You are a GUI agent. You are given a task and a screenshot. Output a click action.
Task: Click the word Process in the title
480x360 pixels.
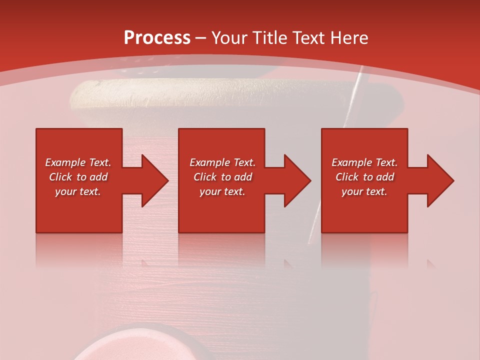[x=157, y=37]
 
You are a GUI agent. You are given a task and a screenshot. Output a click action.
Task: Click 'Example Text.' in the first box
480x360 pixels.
[x=78, y=162]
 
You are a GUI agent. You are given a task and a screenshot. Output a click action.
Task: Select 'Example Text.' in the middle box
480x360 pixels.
[x=222, y=162]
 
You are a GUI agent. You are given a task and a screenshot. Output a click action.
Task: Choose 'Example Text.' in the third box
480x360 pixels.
[x=364, y=162]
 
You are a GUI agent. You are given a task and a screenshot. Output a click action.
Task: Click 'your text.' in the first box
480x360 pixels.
[x=78, y=191]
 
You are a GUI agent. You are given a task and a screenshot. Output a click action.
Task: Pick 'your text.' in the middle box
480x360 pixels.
[x=222, y=191]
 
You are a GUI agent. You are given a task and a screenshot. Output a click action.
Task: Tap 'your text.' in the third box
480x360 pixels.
[x=364, y=191]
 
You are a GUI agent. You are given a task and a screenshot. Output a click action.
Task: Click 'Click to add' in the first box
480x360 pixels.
[x=78, y=177]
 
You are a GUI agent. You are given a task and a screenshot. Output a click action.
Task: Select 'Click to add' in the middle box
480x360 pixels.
[x=222, y=177]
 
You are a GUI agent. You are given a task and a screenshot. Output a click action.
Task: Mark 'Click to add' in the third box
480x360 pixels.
[x=364, y=177]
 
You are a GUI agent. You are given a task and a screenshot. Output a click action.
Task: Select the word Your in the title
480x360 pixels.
[x=229, y=38]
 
